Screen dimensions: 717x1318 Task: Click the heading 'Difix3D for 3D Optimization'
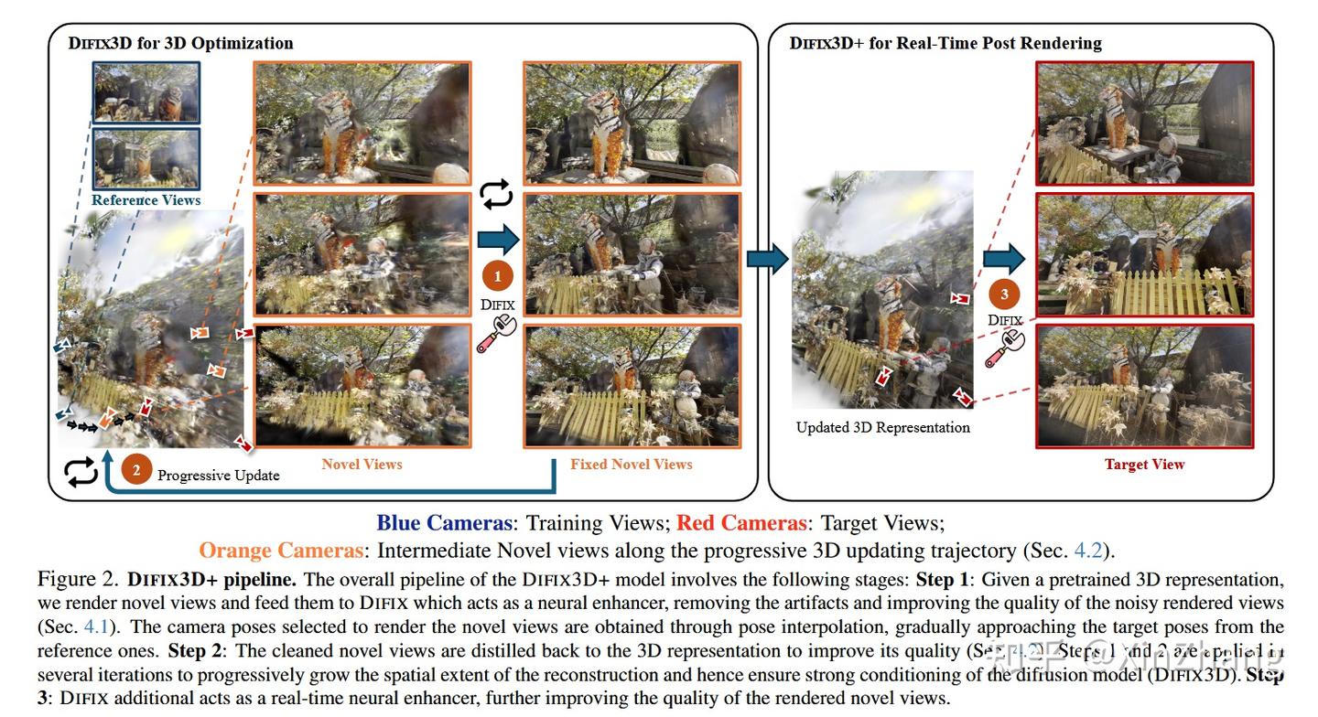[x=180, y=43]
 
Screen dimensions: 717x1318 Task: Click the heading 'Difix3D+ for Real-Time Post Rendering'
[x=945, y=43]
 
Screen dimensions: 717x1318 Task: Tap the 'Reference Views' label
[x=146, y=199]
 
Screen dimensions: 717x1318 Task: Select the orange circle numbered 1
[x=498, y=275]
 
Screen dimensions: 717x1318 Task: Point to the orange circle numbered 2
[x=136, y=471]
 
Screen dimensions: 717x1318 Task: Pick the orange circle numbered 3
[x=1004, y=294]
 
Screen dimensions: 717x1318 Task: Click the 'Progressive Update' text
[x=219, y=475]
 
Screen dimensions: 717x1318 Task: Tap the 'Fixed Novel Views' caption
[x=631, y=464]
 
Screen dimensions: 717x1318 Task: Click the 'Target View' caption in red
[x=1144, y=464]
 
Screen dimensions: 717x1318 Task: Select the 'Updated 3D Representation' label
[x=882, y=427]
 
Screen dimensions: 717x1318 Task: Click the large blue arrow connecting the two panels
[x=767, y=259]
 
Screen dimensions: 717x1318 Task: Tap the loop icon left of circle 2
[x=81, y=471]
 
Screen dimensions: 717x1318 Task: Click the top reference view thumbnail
[x=146, y=92]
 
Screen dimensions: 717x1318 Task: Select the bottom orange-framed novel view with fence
[x=362, y=385]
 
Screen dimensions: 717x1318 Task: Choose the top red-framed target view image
[x=1144, y=122]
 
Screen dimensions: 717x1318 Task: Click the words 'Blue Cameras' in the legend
[x=443, y=523]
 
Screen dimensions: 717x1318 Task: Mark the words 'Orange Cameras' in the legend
[x=281, y=551]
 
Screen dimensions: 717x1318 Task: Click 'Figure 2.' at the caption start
[x=78, y=580]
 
